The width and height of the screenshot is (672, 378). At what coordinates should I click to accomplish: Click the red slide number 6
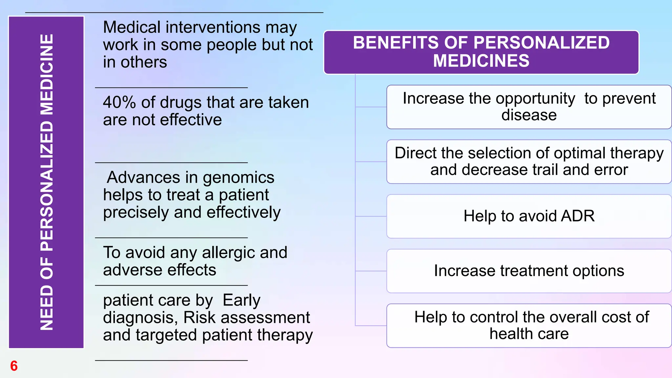pyautogui.click(x=14, y=366)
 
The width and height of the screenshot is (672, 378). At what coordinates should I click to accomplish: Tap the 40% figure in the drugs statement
pyautogui.click(x=119, y=102)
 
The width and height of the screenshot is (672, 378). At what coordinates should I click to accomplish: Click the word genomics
pyautogui.click(x=238, y=178)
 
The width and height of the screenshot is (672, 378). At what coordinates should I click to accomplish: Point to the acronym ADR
pyautogui.click(x=577, y=216)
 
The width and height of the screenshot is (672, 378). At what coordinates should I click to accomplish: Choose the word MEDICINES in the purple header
pyautogui.click(x=481, y=61)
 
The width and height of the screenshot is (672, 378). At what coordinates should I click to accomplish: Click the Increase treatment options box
pyautogui.click(x=529, y=271)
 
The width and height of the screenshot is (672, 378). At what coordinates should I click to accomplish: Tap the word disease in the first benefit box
pyautogui.click(x=529, y=115)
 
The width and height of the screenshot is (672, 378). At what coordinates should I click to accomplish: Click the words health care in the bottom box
pyautogui.click(x=529, y=334)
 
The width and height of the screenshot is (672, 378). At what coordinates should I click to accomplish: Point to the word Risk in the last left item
pyautogui.click(x=199, y=318)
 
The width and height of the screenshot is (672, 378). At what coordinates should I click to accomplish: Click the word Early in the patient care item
pyautogui.click(x=241, y=300)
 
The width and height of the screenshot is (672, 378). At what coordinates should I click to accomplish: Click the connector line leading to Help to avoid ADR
pyautogui.click(x=371, y=216)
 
